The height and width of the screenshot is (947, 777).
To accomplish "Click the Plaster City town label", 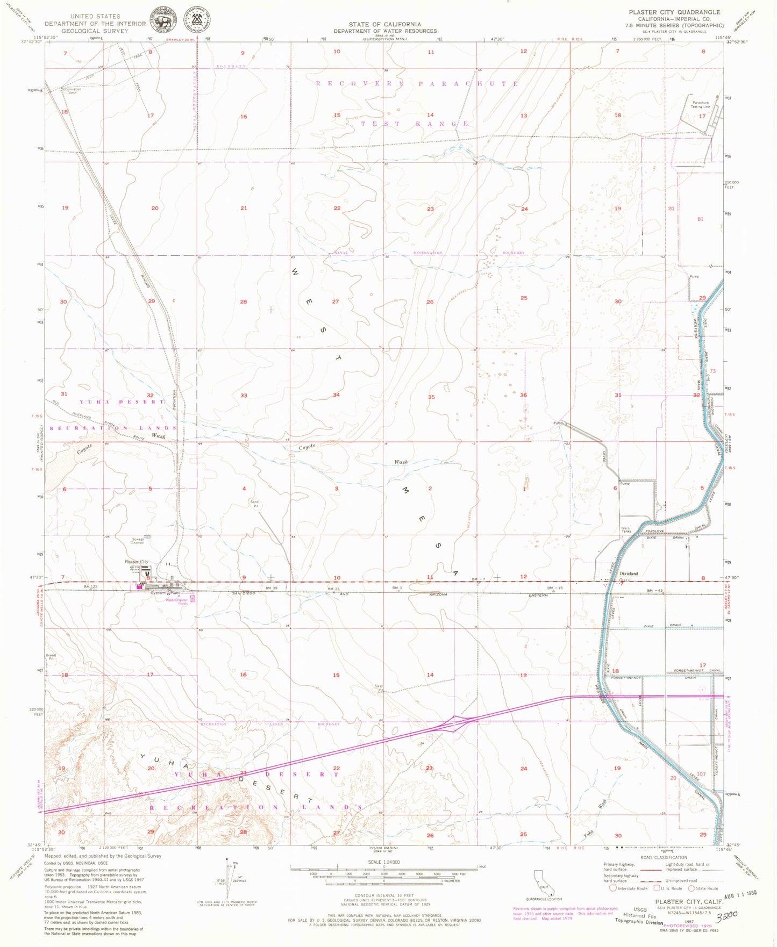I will pyautogui.click(x=137, y=562).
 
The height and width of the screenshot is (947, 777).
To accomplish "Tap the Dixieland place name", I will pyautogui.click(x=629, y=573).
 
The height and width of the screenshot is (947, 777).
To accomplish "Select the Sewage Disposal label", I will pyautogui.click(x=137, y=541).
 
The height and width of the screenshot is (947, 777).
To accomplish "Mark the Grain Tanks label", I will pyautogui.click(x=625, y=529).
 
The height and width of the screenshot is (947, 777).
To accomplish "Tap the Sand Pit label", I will pyautogui.click(x=254, y=504).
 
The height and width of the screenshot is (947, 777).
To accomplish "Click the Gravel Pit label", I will pyautogui.click(x=51, y=657).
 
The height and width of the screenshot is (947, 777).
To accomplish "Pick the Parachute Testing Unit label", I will pyautogui.click(x=701, y=104).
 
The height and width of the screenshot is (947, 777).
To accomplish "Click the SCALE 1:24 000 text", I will pyautogui.click(x=383, y=862).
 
